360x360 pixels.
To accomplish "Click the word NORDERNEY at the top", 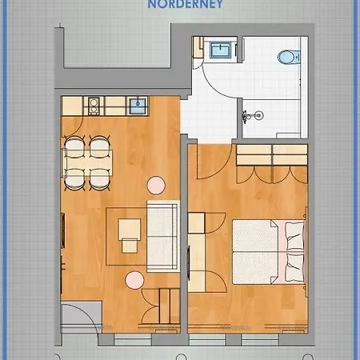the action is [x=186, y=4].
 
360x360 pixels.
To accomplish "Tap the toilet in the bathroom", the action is [x=289, y=57].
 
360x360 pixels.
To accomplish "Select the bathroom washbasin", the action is [x=220, y=50].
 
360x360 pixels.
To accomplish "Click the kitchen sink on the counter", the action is [x=138, y=106].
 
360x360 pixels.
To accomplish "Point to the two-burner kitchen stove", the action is [x=94, y=106].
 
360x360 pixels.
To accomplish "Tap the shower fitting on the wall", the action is [x=252, y=116].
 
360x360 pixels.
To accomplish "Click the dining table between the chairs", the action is [x=88, y=163].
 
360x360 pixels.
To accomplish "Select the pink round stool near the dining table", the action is [x=156, y=186].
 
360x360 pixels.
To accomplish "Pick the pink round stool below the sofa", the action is [x=134, y=280].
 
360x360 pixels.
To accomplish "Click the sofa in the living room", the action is [x=162, y=236].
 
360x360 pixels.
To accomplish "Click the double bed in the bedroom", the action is [x=269, y=251].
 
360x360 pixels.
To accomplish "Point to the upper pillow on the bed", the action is [x=294, y=235].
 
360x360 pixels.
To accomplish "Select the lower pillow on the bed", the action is [x=294, y=267].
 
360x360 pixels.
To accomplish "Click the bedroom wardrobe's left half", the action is [x=254, y=155].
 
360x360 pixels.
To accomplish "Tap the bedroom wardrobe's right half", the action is [x=290, y=155].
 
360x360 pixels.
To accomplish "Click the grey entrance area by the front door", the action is [x=82, y=317].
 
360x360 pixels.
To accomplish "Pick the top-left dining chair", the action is [x=75, y=146].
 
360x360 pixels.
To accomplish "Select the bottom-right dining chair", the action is [x=99, y=180].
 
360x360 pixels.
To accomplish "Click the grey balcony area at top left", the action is [x=118, y=46].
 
